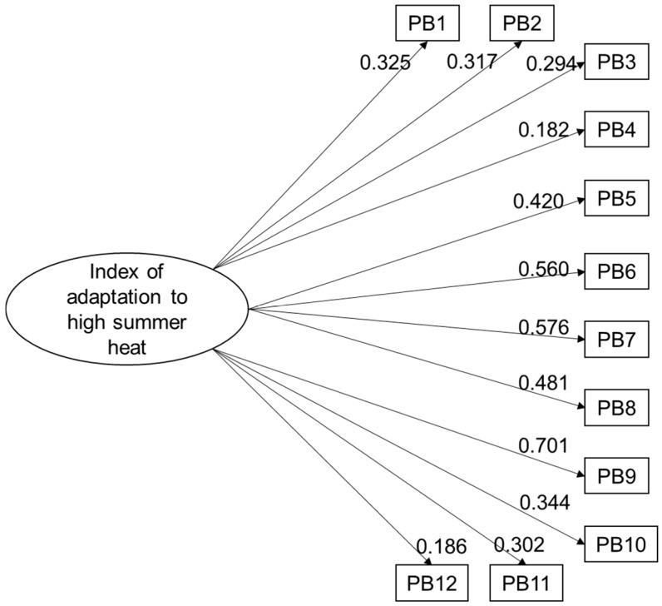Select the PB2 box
[x=521, y=22]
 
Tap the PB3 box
[x=616, y=62]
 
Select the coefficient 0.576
[x=543, y=328]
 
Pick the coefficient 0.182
[x=543, y=130]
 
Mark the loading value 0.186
[x=441, y=546]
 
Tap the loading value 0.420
[x=539, y=200]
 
